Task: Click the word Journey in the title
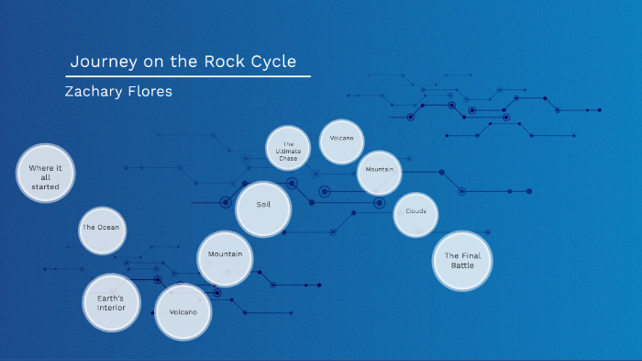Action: coord(102,62)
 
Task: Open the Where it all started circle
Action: coord(44,174)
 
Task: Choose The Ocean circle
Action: coord(101,228)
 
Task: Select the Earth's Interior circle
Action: coord(111,302)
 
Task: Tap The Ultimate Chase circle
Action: coord(288,150)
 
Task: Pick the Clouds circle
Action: coord(415,213)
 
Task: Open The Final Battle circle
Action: coord(462,261)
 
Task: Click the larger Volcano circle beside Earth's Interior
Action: coord(183,311)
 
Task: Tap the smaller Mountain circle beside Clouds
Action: coord(379,172)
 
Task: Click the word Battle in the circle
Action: coord(462,266)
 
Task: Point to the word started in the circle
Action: coord(44,186)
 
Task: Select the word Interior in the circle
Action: coord(111,308)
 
